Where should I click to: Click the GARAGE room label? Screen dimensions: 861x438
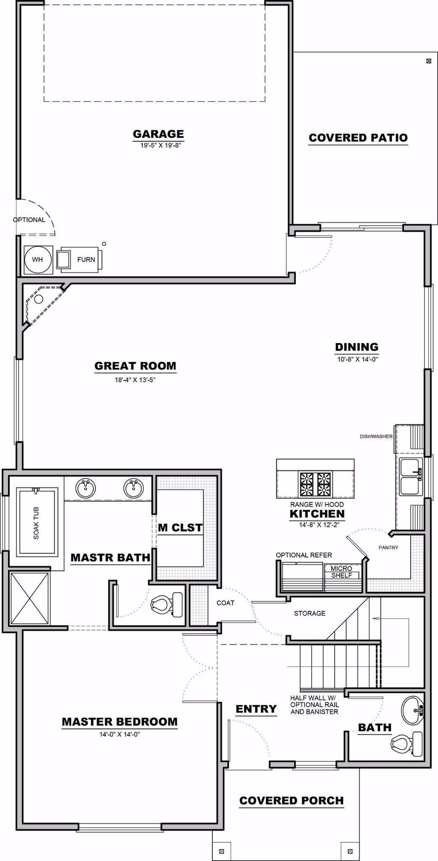tap(158, 134)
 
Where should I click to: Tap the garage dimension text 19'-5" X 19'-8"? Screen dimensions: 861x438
tap(158, 146)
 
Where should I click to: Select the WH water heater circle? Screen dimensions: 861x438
tap(37, 260)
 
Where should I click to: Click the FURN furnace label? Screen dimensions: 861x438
tap(86, 260)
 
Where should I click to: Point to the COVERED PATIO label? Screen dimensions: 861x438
tap(358, 138)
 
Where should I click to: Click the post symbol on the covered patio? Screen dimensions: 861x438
tap(429, 61)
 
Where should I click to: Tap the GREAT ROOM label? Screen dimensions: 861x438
tap(135, 366)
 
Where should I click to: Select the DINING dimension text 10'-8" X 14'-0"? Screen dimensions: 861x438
tap(357, 359)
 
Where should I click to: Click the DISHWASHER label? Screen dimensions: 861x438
tap(376, 436)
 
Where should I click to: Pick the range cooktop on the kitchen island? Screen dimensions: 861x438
tap(316, 483)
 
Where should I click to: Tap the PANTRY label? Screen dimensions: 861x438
tap(388, 547)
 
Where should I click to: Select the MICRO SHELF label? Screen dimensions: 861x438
tap(342, 572)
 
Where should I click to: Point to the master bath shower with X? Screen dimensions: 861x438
tap(29, 598)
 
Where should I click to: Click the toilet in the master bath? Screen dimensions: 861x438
tap(166, 604)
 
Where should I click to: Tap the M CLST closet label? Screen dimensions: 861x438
tap(180, 527)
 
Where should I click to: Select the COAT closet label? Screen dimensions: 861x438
tap(225, 603)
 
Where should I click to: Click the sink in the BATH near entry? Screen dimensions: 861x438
tap(413, 710)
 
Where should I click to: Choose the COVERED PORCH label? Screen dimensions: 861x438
tap(291, 801)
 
